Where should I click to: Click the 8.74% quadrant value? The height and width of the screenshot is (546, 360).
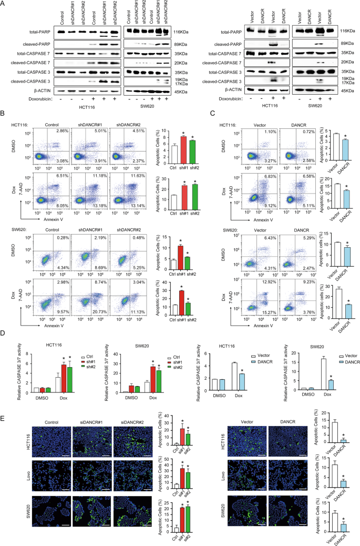100,282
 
